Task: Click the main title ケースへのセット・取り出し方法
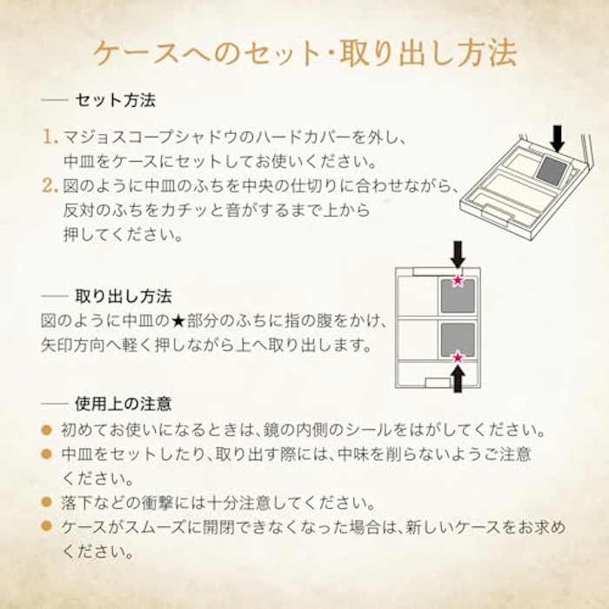[304, 53]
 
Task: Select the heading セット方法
[116, 100]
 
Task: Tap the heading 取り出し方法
[124, 297]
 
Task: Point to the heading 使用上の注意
[124, 404]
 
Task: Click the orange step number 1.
[50, 137]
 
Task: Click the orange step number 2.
[50, 185]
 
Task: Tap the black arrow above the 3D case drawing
[558, 139]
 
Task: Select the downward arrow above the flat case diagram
[458, 255]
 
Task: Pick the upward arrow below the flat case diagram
[458, 379]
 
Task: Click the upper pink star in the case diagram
[458, 280]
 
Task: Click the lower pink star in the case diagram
[458, 358]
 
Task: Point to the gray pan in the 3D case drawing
[553, 168]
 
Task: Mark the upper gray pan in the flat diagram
[458, 296]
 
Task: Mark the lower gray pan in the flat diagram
[458, 339]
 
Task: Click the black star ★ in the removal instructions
[178, 321]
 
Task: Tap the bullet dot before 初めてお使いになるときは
[47, 430]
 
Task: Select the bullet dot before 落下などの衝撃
[47, 502]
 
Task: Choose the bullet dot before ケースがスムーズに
[47, 526]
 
